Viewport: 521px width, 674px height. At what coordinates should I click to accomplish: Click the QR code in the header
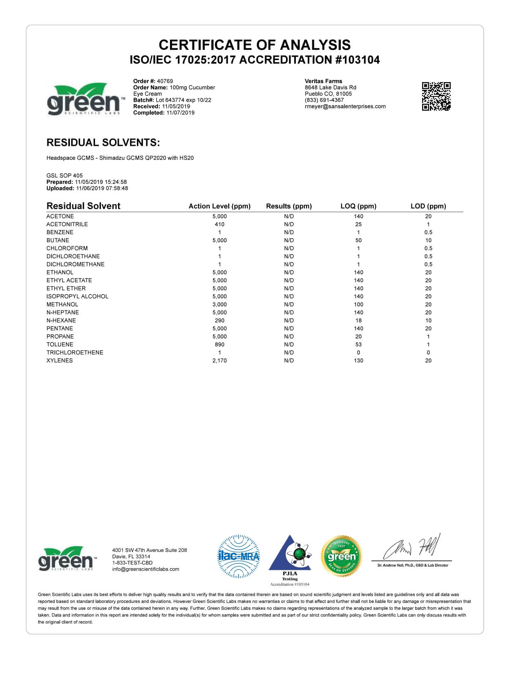click(x=436, y=96)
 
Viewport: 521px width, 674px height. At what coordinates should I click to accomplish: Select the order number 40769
click(x=165, y=81)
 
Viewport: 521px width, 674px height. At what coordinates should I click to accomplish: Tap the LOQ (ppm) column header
click(x=358, y=206)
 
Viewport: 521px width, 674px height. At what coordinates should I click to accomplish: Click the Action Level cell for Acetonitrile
click(x=219, y=224)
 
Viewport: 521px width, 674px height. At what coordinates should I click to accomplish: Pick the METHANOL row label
click(x=62, y=304)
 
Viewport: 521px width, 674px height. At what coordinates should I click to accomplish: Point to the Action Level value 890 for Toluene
click(x=219, y=344)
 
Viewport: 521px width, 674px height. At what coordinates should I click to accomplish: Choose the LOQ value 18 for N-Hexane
click(x=358, y=320)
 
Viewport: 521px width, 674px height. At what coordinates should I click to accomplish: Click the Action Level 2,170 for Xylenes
click(x=219, y=360)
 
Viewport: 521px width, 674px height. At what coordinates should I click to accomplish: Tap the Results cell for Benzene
click(x=289, y=232)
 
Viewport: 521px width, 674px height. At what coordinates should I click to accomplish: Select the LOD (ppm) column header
click(x=428, y=206)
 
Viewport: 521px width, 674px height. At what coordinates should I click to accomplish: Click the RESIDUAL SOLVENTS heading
click(x=103, y=143)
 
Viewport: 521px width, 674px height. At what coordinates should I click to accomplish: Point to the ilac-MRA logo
click(x=239, y=556)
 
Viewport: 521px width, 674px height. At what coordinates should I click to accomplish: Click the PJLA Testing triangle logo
click(x=290, y=556)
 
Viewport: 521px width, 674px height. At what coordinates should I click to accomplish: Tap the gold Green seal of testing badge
click(x=342, y=556)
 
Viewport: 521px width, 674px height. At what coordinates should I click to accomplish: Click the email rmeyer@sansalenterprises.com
click(x=345, y=106)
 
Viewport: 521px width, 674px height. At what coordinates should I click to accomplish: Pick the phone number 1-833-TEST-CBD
click(x=132, y=562)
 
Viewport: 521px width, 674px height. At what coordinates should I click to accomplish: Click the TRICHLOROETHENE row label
click(x=75, y=353)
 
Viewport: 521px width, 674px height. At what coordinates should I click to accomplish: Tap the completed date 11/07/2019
click(x=180, y=113)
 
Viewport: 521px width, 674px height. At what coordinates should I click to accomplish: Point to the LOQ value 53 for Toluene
click(x=358, y=344)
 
